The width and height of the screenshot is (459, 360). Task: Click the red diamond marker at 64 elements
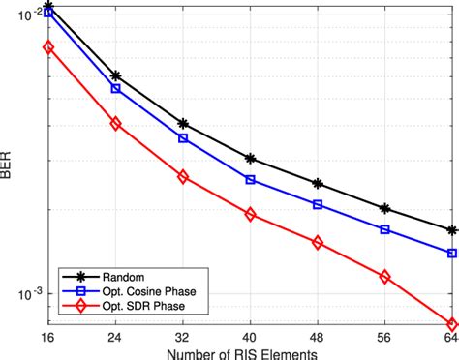point(451,324)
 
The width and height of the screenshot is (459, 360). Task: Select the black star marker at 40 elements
point(250,158)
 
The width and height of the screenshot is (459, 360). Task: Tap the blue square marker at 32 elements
point(183,138)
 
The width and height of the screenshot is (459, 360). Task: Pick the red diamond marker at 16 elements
point(48,46)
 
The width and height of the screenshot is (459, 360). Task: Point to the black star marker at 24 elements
point(115,75)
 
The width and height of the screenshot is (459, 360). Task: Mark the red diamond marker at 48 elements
point(318,242)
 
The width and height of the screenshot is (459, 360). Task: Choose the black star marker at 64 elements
point(451,230)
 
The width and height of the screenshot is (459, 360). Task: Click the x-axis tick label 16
point(48,339)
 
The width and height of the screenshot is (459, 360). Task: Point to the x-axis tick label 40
point(250,339)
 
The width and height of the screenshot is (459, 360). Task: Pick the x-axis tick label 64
point(449,339)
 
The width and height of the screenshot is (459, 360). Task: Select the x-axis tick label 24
point(115,339)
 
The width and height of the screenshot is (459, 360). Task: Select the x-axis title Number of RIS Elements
point(250,352)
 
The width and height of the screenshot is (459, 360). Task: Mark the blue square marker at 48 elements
point(318,204)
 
